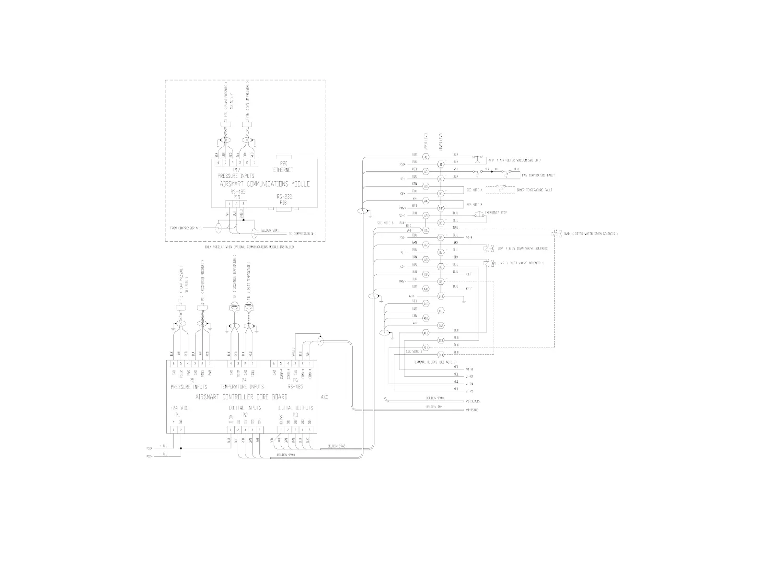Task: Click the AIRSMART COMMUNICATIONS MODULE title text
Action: coord(264,184)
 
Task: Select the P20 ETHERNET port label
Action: coord(283,167)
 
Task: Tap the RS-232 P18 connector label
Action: coord(284,200)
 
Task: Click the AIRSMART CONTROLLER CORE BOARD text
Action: coord(241,397)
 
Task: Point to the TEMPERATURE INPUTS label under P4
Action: coord(241,387)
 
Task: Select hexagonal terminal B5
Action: coord(441,223)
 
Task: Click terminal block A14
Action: coord(425,347)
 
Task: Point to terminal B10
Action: coord(441,296)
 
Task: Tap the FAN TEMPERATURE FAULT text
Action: coord(538,176)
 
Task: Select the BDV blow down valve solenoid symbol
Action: coord(488,248)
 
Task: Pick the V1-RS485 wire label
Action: coord(472,410)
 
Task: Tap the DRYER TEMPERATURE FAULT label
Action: coord(534,190)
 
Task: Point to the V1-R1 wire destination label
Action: coord(469,369)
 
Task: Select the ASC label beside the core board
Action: coord(324,397)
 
